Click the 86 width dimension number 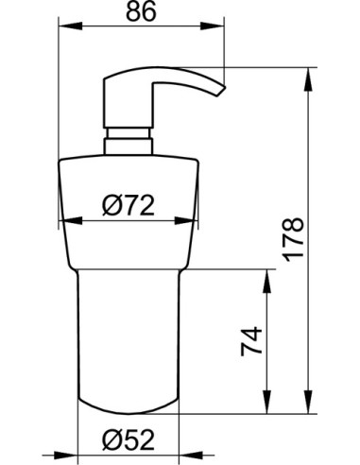pyautogui.click(x=142, y=13)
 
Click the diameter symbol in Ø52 pyautogui.click(x=111, y=439)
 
